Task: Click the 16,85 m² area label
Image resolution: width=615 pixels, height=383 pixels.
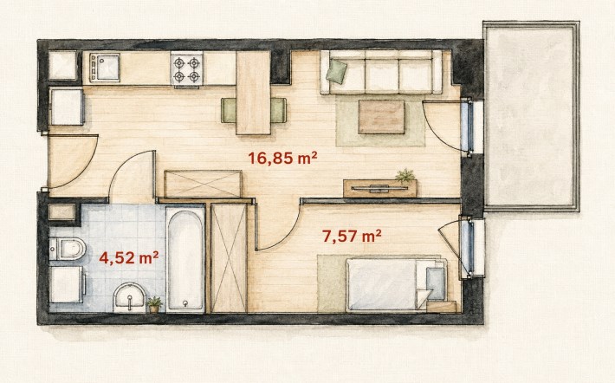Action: [x=282, y=159]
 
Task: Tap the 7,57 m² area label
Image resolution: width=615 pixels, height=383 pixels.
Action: [x=352, y=237]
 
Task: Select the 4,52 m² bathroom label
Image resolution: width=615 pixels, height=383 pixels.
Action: [x=129, y=258]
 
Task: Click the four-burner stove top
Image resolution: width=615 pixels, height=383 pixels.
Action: [x=187, y=68]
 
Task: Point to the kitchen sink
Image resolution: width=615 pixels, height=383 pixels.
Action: [x=104, y=68]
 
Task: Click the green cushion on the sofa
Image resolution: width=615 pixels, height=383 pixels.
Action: [x=337, y=71]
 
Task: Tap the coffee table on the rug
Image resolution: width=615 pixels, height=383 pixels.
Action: [x=381, y=117]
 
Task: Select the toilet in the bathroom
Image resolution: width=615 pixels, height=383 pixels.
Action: [x=68, y=249]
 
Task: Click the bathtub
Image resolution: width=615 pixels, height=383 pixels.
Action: [x=185, y=260]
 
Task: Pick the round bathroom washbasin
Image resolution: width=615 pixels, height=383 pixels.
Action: [x=129, y=298]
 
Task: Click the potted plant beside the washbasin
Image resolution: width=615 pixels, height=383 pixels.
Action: [x=154, y=304]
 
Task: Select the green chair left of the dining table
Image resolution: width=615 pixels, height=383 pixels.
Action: [x=229, y=110]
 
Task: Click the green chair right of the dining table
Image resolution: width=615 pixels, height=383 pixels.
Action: [x=278, y=110]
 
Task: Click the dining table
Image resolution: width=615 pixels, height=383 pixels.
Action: [x=254, y=93]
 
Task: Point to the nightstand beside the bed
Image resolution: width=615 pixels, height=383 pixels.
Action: [x=441, y=307]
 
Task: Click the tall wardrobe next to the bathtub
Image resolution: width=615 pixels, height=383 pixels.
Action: [x=229, y=258]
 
